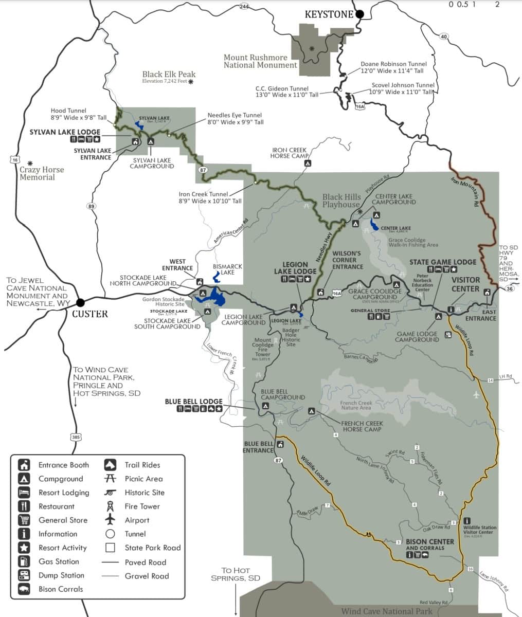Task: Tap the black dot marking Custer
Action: [80, 302]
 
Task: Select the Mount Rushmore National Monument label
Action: [260, 61]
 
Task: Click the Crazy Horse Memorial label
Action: [42, 173]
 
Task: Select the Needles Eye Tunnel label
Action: [235, 119]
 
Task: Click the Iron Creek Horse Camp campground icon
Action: [308, 163]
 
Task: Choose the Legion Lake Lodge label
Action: [295, 268]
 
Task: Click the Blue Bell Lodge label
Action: [193, 401]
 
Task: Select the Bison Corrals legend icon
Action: [24, 589]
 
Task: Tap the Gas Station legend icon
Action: [24, 561]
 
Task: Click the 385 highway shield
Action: [76, 437]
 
